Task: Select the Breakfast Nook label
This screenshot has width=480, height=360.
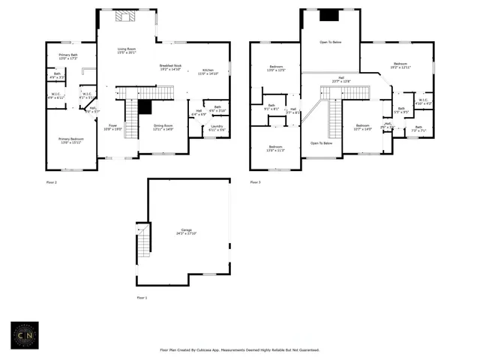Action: coord(171,67)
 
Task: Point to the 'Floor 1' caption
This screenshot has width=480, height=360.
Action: coord(142,298)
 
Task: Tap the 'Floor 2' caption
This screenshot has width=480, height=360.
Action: coord(51,181)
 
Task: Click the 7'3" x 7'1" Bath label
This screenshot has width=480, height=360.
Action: coord(418,128)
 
